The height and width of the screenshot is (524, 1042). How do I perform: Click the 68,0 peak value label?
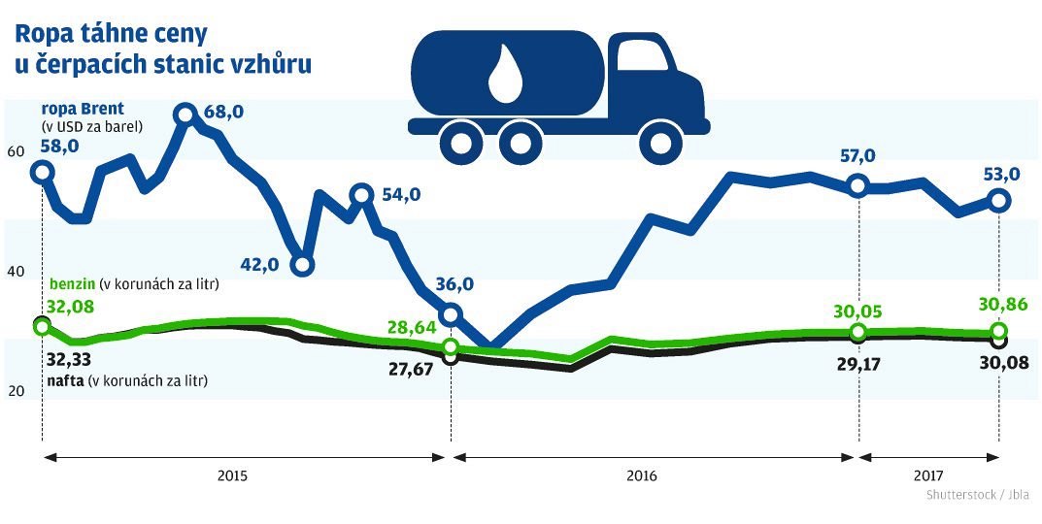point(223,112)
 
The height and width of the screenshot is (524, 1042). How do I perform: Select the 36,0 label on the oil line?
point(454,284)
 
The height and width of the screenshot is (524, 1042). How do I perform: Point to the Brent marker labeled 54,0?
point(361,195)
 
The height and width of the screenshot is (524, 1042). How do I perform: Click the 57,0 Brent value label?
point(857,155)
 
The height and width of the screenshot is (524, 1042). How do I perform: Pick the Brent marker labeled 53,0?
point(999,201)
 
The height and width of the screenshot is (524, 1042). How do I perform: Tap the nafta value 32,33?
point(67,358)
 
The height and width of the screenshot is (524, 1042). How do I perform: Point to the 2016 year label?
point(642,476)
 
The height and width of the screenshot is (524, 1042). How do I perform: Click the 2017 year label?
point(928,476)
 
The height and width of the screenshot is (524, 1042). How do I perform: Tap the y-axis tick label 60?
point(15,152)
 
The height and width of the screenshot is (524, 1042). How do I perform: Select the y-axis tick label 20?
point(15,391)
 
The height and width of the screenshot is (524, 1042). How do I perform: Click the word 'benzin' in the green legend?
point(73,285)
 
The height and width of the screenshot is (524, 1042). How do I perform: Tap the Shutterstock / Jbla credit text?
point(976,495)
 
